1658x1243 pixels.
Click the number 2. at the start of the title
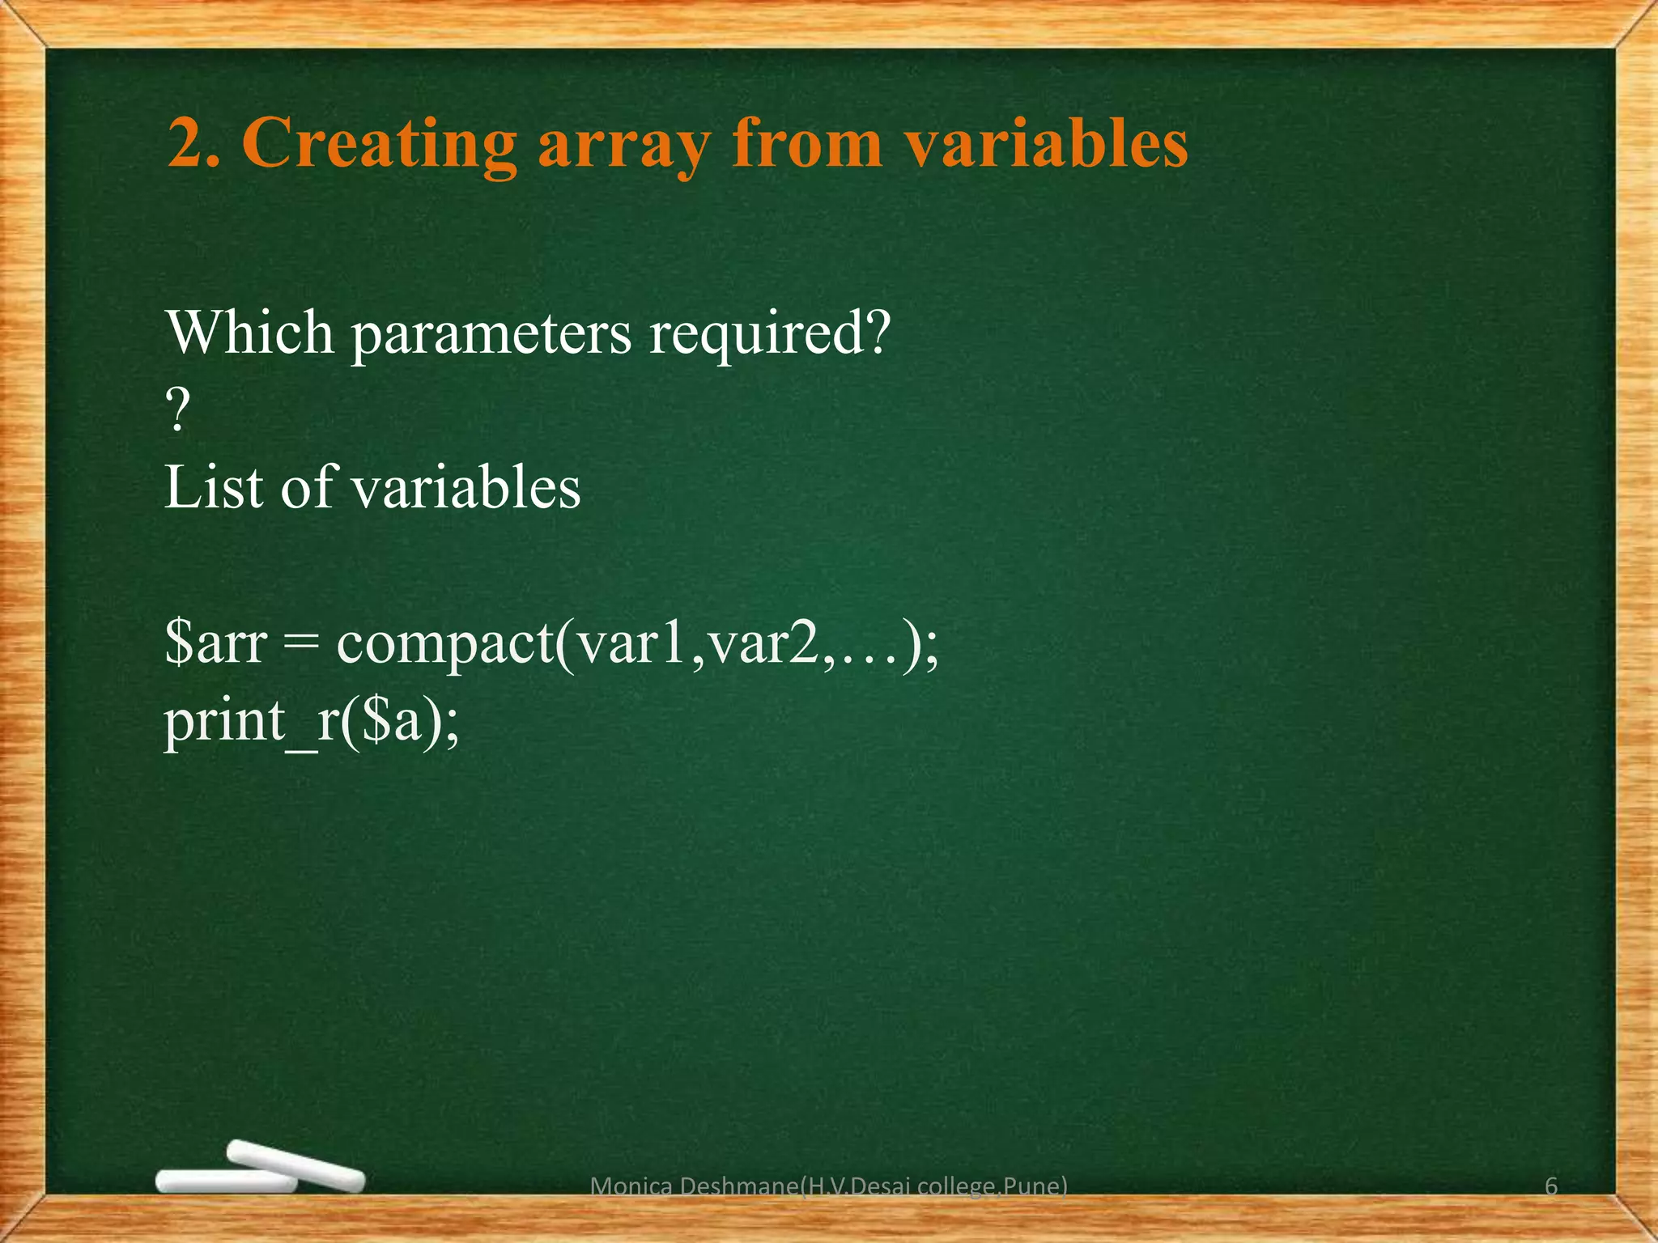point(193,143)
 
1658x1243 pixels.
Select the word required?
point(769,334)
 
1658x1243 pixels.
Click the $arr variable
point(215,643)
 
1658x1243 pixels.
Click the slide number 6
point(1551,1186)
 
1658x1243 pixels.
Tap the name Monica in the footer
point(632,1186)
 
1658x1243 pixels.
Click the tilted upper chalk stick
point(295,1165)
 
